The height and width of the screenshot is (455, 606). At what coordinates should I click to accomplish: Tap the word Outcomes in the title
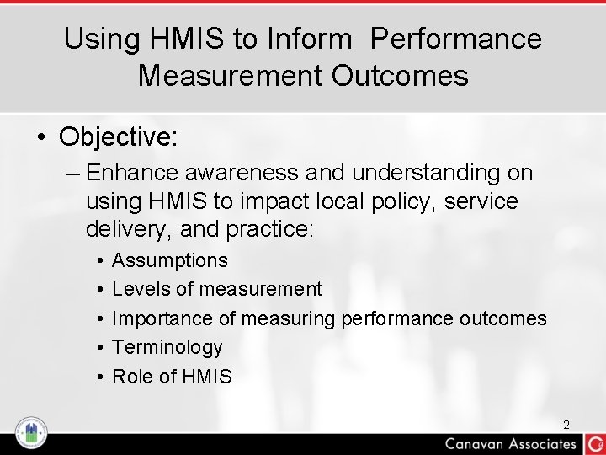pos(400,76)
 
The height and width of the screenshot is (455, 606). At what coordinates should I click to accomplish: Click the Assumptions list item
pos(169,261)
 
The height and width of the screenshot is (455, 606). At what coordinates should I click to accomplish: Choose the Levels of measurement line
pos(216,290)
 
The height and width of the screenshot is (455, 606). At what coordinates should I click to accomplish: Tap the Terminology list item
pos(167,347)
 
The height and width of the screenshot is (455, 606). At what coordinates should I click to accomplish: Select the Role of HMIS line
pos(172,377)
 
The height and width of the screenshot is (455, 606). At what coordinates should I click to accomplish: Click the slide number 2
pos(566,425)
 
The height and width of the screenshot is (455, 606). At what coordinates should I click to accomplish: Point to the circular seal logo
pos(31,433)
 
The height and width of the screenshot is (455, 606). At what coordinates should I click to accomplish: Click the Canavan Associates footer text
pos(511,444)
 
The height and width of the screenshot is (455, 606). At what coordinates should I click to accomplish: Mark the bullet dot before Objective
pos(41,137)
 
